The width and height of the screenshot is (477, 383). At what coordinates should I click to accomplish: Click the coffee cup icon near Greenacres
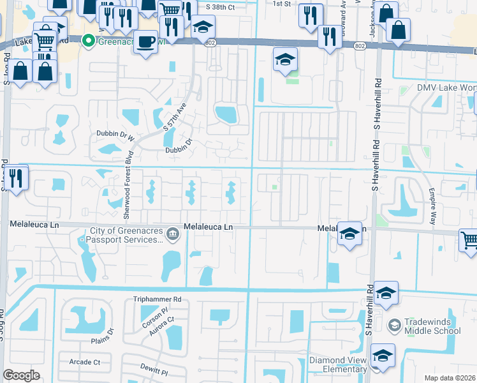[x=146, y=42]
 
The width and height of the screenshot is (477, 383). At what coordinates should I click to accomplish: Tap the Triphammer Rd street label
[x=158, y=299]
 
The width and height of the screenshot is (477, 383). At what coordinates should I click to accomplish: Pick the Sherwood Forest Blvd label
[x=129, y=176]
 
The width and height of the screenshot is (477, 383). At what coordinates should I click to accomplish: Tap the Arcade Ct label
[x=85, y=362]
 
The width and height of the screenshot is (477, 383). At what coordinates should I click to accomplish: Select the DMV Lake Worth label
[x=446, y=88]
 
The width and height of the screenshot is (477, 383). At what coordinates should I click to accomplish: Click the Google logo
[x=22, y=375]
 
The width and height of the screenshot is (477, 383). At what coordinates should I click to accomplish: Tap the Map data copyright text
[x=450, y=378]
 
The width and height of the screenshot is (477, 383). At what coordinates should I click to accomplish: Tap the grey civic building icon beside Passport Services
[x=172, y=235]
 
